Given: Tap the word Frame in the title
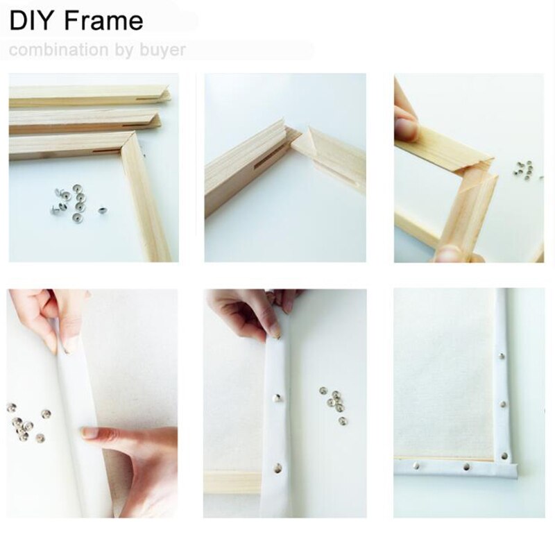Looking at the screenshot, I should [x=104, y=21].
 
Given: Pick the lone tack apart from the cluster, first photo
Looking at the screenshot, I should [x=102, y=210].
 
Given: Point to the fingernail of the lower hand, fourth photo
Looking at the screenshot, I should [x=89, y=432].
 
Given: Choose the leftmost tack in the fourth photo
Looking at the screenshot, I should [x=11, y=408].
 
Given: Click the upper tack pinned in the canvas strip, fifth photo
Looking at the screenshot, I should [x=277, y=398].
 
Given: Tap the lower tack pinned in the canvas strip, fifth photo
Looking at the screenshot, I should [x=279, y=467].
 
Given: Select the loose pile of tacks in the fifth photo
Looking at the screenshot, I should [x=334, y=404].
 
